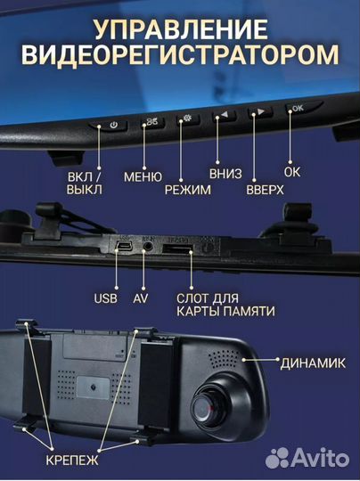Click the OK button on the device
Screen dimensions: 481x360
(x=296, y=108)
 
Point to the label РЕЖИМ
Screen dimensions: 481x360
(x=188, y=190)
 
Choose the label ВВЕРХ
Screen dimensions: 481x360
(x=265, y=190)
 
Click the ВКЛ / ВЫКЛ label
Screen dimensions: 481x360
(x=85, y=183)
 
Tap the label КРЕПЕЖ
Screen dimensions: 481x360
(x=77, y=463)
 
